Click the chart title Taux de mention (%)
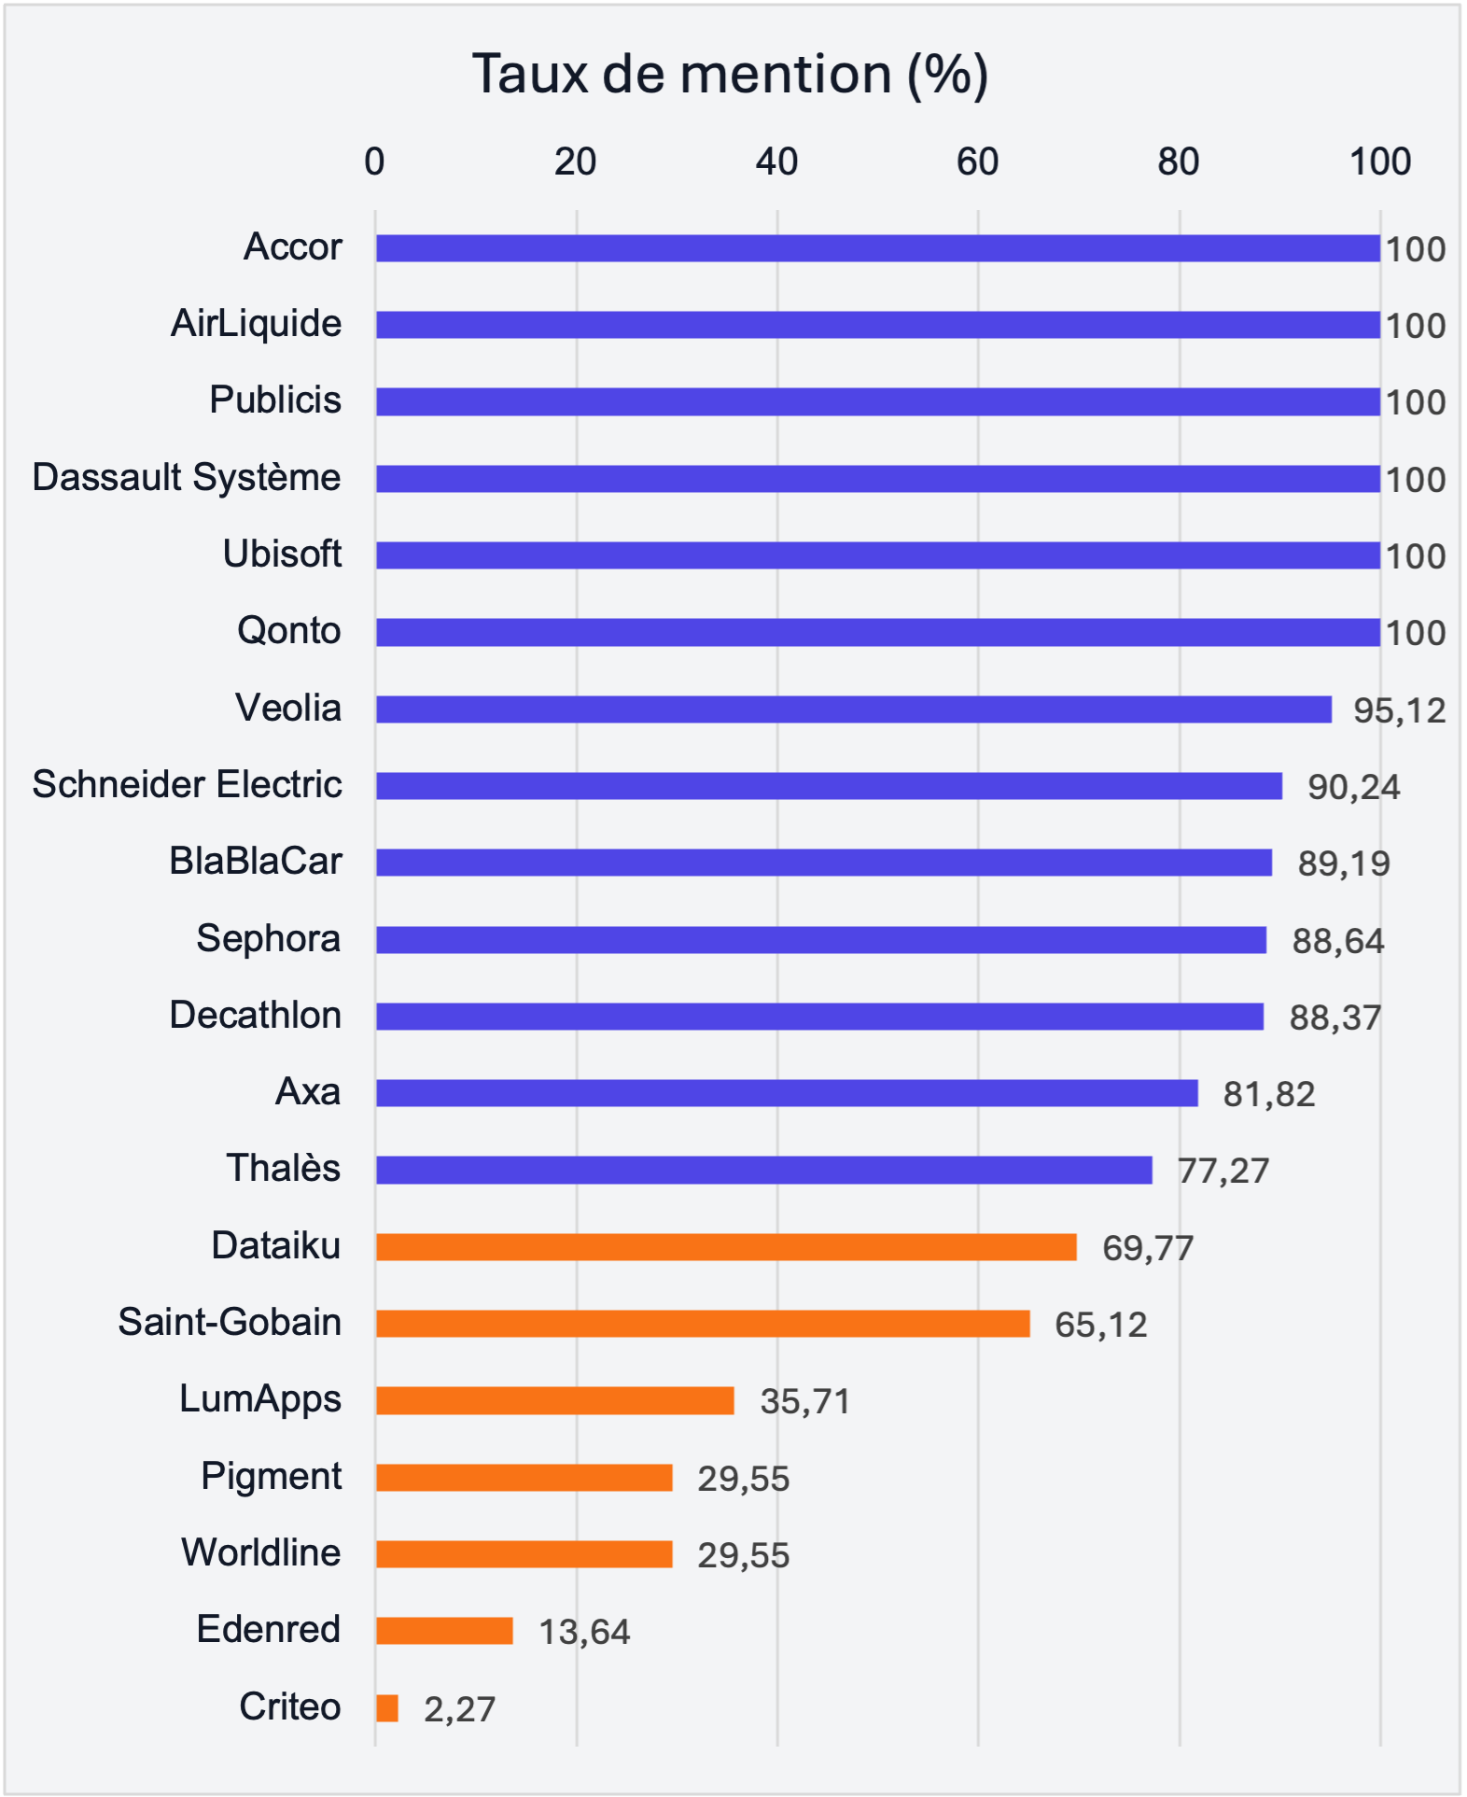(730, 74)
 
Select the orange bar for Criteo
(387, 1708)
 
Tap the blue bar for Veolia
(853, 709)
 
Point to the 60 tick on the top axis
(977, 162)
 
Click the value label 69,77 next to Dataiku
(1148, 1248)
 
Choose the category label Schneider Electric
(187, 785)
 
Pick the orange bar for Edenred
(444, 1631)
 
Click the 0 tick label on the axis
(374, 162)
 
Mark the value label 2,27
(459, 1709)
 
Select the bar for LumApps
(554, 1400)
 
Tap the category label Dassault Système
(187, 478)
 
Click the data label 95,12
(1399, 711)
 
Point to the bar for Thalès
(763, 1170)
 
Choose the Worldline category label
(261, 1553)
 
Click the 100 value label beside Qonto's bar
(1415, 634)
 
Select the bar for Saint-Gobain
(702, 1324)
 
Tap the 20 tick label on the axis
(575, 162)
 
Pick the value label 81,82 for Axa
(1269, 1094)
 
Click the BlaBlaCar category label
(256, 862)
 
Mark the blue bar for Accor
(877, 248)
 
